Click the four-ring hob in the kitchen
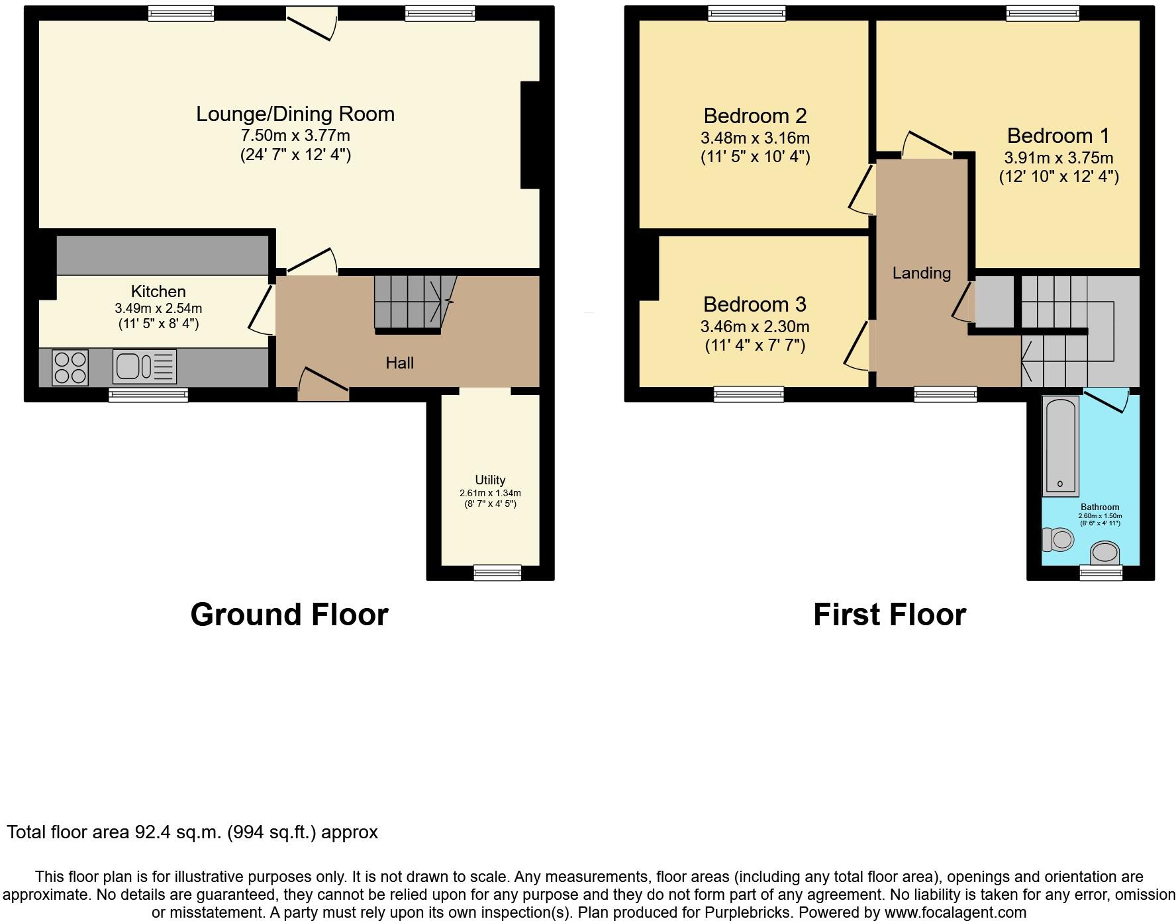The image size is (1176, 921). pyautogui.click(x=70, y=367)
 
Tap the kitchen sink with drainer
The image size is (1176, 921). pyautogui.click(x=144, y=367)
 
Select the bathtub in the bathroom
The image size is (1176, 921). pyautogui.click(x=1060, y=446)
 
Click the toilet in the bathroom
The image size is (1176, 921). pyautogui.click(x=1057, y=539)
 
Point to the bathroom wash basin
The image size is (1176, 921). pyautogui.click(x=1104, y=553)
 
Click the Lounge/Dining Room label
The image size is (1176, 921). pyautogui.click(x=295, y=114)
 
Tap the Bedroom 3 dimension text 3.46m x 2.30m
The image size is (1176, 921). pyautogui.click(x=755, y=326)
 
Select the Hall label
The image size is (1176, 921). pyautogui.click(x=399, y=363)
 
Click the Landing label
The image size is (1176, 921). pyautogui.click(x=921, y=273)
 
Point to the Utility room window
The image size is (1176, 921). pyautogui.click(x=497, y=572)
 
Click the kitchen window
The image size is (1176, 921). pyautogui.click(x=148, y=395)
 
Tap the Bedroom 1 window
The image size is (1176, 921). pyautogui.click(x=1042, y=13)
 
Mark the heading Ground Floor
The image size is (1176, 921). pyautogui.click(x=289, y=615)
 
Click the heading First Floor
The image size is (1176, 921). pyautogui.click(x=889, y=615)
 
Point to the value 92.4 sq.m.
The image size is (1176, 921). pyautogui.click(x=177, y=832)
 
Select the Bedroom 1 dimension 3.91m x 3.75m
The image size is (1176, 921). pyautogui.click(x=1058, y=158)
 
